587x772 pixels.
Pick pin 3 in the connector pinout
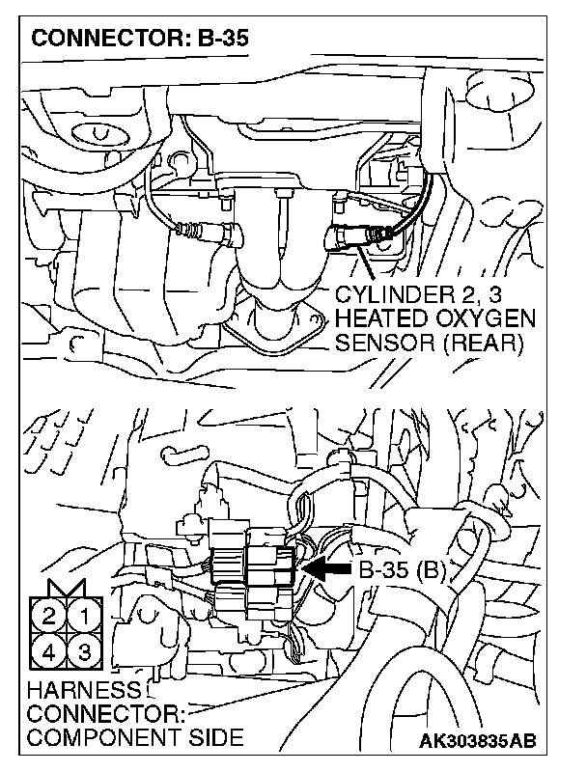(85, 651)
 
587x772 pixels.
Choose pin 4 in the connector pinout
(49, 651)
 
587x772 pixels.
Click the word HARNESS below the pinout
(71, 691)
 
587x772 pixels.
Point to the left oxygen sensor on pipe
(208, 231)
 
